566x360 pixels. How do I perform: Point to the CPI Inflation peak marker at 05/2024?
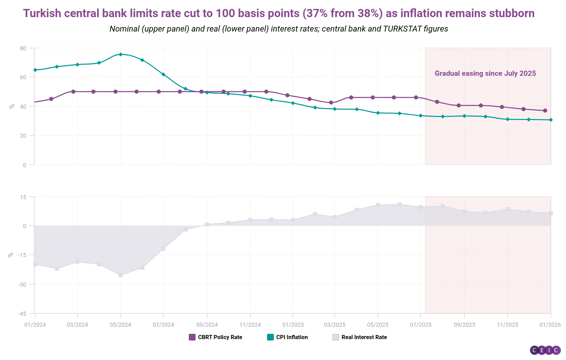(x=120, y=54)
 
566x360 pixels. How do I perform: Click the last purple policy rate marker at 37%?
(x=545, y=110)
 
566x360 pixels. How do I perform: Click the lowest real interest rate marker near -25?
(x=120, y=275)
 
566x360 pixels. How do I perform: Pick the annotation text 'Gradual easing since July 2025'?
(x=485, y=73)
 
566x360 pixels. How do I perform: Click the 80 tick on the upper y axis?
(x=23, y=48)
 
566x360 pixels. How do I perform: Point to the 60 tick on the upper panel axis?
(x=23, y=77)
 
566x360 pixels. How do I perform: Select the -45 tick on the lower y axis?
(x=22, y=314)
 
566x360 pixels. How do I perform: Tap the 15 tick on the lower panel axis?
(x=23, y=197)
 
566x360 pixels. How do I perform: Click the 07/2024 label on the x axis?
(x=163, y=325)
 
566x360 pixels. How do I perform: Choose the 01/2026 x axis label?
(x=550, y=325)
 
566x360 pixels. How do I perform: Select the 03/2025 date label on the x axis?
(x=335, y=325)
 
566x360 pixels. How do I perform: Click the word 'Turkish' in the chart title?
(x=42, y=13)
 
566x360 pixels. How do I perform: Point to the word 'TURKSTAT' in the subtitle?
(x=402, y=29)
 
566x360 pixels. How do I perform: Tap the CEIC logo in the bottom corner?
(x=545, y=350)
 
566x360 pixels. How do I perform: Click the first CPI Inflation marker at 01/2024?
(x=35, y=70)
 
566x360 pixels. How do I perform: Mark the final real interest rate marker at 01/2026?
(x=551, y=213)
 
